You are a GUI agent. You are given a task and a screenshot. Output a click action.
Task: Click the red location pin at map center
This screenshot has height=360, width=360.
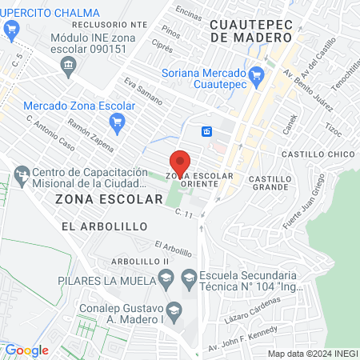tap(180, 162)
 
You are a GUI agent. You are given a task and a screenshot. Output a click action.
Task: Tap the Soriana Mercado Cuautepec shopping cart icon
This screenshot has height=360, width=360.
tap(257, 77)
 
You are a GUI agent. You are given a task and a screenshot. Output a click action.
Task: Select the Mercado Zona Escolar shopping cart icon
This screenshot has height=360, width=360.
tap(118, 121)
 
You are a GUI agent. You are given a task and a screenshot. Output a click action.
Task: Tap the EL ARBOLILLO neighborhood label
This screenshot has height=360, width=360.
tap(104, 226)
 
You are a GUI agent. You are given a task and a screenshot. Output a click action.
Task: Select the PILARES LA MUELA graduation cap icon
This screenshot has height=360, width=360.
tap(166, 280)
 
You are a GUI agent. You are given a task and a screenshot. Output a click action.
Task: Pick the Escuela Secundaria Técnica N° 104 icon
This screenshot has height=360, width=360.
tap(190, 280)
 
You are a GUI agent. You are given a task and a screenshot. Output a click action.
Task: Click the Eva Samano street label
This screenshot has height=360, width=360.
tap(143, 91)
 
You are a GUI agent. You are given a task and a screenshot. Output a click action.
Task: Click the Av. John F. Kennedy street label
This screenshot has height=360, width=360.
tap(242, 338)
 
